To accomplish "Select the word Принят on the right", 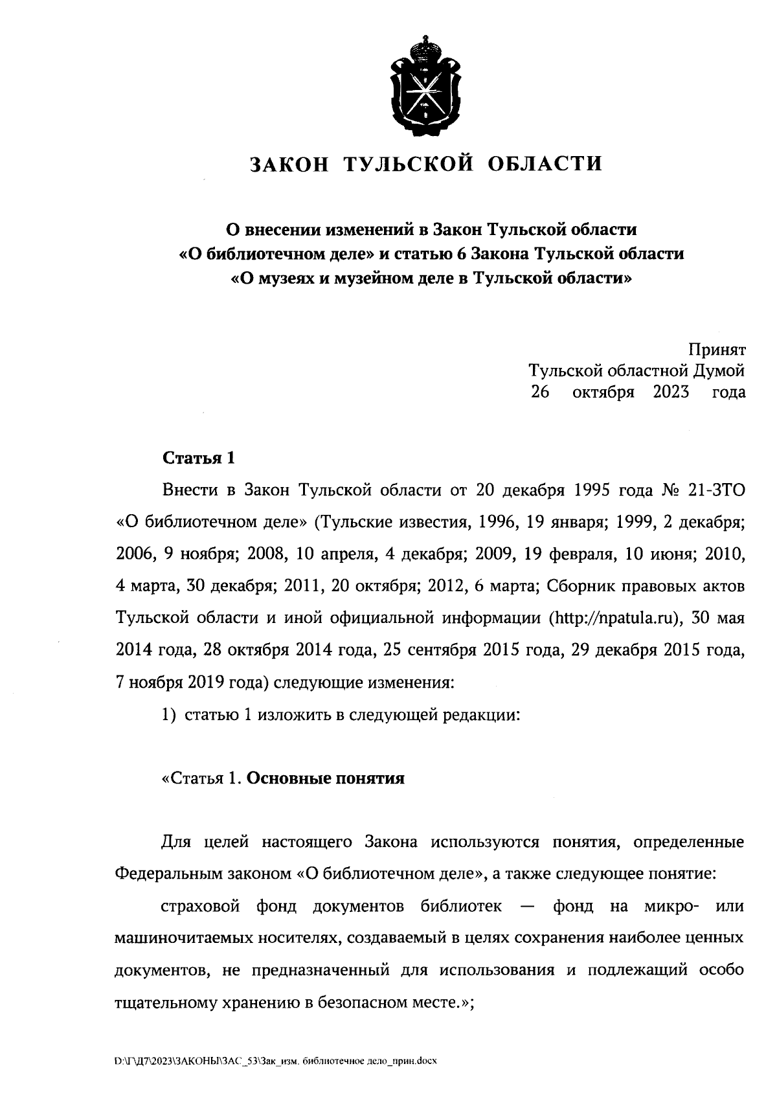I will pos(716,350).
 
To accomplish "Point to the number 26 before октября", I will pos(539,392).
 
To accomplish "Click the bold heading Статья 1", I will pos(197,459).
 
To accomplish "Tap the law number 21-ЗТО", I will pos(716,490).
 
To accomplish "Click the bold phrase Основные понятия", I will pos(326,778).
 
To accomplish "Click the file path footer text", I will pos(276,1061).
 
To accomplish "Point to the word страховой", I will pos(200,906).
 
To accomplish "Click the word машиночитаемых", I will pos(184,938).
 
